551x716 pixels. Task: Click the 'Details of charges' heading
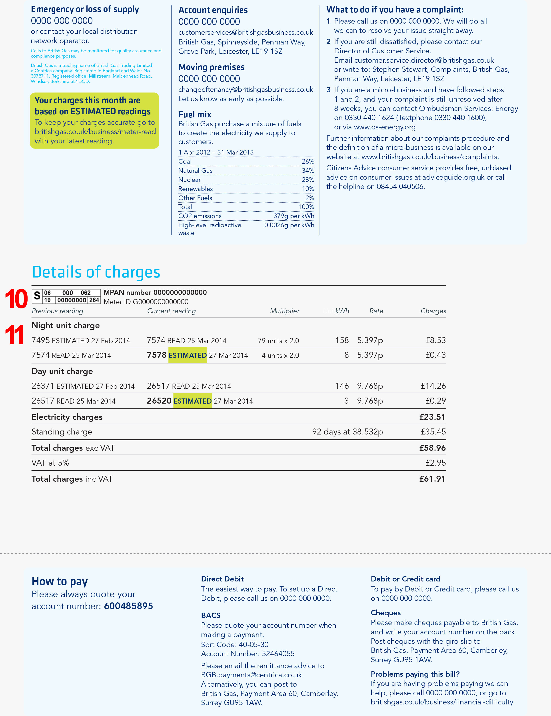[96, 272]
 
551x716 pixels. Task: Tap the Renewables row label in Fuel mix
[196, 189]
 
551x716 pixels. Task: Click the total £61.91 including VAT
[432, 479]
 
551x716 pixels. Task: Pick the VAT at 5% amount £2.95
[435, 463]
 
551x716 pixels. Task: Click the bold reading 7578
[157, 355]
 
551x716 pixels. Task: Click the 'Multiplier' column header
[284, 311]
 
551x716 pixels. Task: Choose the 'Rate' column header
[376, 311]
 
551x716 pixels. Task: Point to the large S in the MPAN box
[37, 296]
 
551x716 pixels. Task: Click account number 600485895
[128, 606]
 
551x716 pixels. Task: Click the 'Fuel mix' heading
[195, 115]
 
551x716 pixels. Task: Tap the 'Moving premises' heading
[211, 67]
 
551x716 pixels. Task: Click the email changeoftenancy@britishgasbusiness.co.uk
[246, 89]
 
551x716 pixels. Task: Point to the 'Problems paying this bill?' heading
[415, 674]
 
